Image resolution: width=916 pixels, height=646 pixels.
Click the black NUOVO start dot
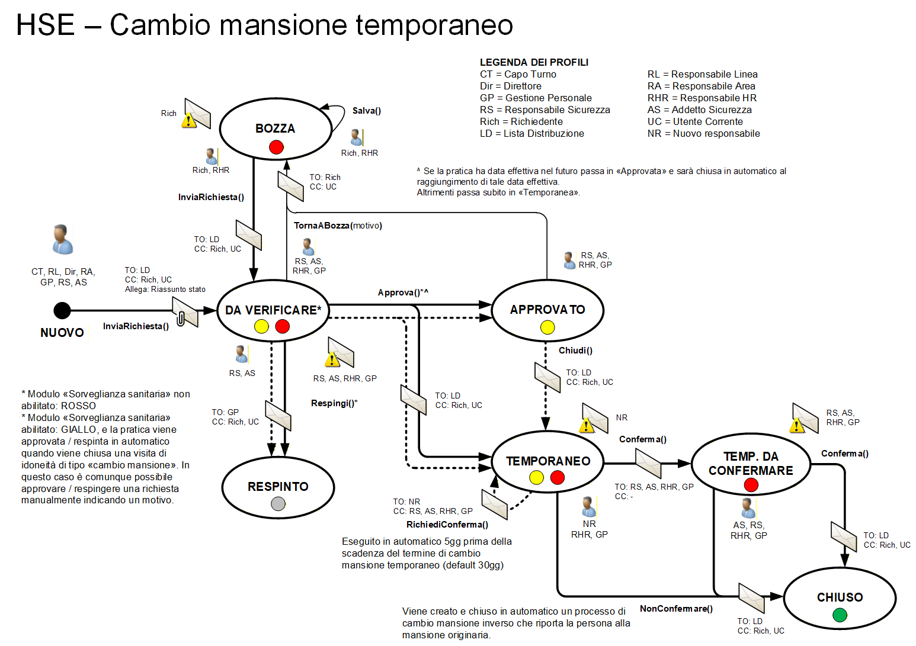coord(62,310)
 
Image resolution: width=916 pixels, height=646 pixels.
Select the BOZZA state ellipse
coord(276,128)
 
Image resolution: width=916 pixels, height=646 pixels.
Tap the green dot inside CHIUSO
coord(840,615)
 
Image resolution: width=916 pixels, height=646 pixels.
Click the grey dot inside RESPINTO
coord(278,503)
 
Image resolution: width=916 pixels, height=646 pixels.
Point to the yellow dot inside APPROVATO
coord(547,327)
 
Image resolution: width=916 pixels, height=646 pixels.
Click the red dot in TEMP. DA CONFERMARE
coord(751,485)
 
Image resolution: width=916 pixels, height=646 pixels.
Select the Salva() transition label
coord(366,111)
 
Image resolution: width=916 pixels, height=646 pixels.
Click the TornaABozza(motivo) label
coord(338,226)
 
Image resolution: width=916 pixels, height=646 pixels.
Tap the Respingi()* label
coord(334,403)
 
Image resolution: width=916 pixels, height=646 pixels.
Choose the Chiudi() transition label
coord(575,351)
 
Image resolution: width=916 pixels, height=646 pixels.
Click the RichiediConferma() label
coord(447,525)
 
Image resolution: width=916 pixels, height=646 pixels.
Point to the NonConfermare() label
coord(676,609)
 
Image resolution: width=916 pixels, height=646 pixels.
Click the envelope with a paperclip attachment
coord(185,312)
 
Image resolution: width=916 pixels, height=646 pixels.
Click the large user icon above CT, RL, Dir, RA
coord(62,240)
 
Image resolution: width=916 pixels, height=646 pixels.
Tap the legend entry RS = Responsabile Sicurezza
coord(545,110)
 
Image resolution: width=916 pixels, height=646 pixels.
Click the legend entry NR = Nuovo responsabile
coord(703,133)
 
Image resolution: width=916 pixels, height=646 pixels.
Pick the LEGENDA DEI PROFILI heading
coord(534,62)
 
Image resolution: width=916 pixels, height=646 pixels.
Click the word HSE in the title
coord(45,25)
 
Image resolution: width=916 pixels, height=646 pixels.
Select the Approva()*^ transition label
coord(403,293)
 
